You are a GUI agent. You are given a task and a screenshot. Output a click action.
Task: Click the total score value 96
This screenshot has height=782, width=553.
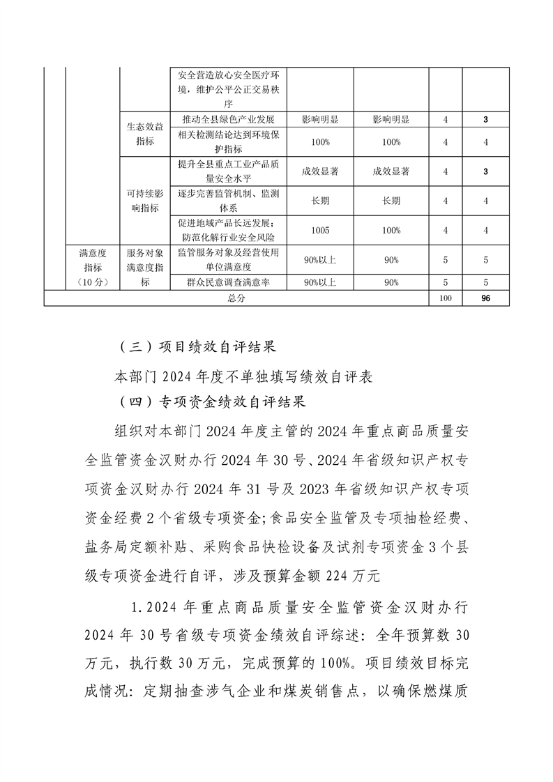[485, 298]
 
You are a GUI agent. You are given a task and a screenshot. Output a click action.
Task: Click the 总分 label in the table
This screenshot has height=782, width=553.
[236, 298]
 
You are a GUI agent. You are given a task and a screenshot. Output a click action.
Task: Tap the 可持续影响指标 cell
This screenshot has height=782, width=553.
[145, 200]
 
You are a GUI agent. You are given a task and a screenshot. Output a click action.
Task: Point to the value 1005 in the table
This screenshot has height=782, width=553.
[320, 230]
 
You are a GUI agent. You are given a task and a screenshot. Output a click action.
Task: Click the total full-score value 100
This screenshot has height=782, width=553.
[446, 298]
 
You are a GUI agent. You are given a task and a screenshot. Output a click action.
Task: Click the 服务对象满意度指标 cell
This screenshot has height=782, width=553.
[145, 267]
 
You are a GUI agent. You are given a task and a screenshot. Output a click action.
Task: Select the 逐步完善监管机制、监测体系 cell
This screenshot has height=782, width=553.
[228, 201]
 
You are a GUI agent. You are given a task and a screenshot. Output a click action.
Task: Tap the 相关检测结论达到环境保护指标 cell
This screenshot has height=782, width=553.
[228, 142]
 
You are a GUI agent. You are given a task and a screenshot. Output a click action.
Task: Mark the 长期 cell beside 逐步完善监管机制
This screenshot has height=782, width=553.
[320, 201]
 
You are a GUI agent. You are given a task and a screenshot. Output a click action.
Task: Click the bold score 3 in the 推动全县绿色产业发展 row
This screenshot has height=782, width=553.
[485, 119]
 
